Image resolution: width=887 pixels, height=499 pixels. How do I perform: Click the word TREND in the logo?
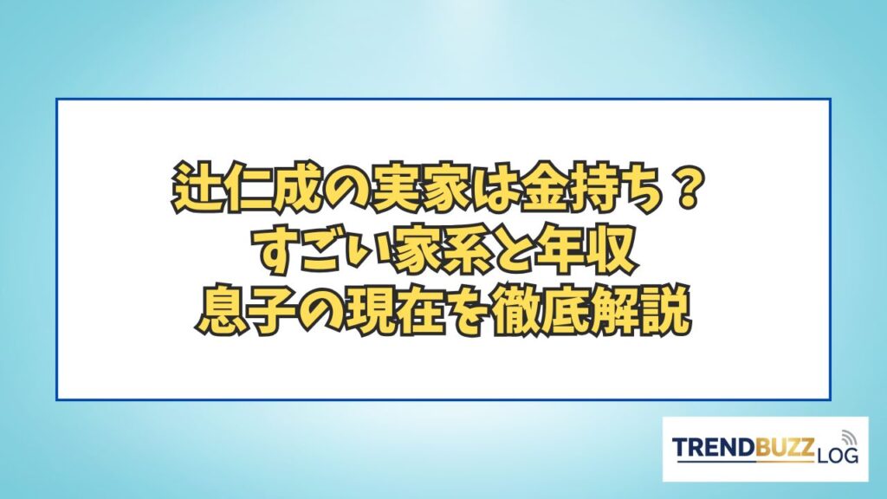(715, 447)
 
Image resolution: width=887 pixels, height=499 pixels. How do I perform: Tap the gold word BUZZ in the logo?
(785, 447)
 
